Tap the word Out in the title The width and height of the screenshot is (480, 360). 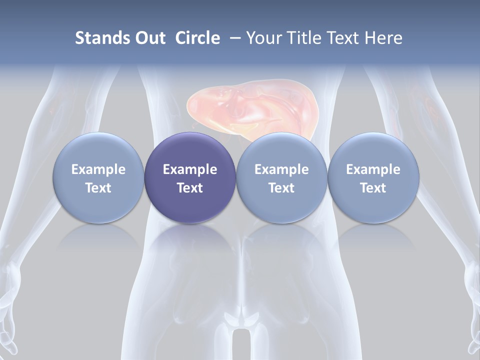click(149, 38)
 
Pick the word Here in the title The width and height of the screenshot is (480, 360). click(383, 38)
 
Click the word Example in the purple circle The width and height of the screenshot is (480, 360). click(190, 169)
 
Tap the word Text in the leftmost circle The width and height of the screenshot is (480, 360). click(98, 188)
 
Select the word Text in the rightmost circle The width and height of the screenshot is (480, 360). click(373, 188)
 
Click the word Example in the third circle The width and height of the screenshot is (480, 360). click(281, 169)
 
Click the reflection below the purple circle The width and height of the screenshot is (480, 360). click(190, 237)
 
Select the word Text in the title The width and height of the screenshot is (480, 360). click(342, 38)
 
